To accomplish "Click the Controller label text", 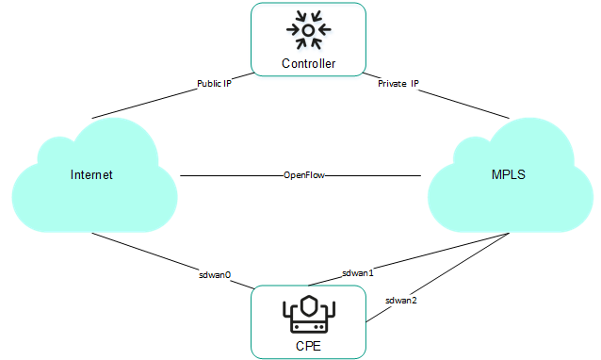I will [309, 64].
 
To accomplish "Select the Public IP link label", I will [215, 83].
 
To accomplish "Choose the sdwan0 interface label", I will [217, 277].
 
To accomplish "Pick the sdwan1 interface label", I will [358, 272].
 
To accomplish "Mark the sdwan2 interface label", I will [401, 300].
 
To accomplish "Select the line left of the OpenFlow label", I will [231, 175].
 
